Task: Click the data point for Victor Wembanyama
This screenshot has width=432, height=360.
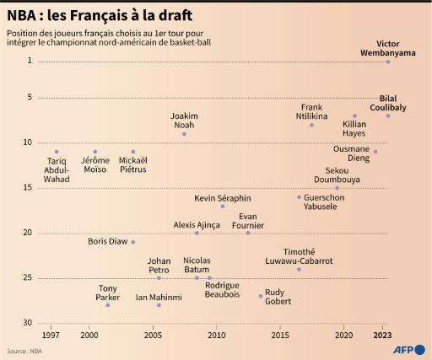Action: click(x=387, y=62)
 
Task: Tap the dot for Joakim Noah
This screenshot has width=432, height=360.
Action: click(x=184, y=134)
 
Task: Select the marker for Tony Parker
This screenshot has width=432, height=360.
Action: click(x=108, y=305)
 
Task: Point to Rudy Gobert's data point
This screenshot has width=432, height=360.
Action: click(x=261, y=296)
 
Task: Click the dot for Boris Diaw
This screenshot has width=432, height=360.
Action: click(x=133, y=242)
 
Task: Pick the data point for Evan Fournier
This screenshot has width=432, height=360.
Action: click(x=248, y=233)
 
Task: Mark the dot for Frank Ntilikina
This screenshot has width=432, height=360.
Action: click(x=311, y=125)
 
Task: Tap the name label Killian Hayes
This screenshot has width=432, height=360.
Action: click(x=354, y=128)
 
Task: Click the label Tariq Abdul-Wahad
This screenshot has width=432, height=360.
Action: click(x=57, y=169)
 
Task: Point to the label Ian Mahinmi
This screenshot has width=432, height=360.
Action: click(x=159, y=297)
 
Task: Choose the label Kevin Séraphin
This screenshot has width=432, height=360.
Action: click(x=223, y=198)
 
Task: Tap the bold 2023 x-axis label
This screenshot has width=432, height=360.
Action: click(x=384, y=336)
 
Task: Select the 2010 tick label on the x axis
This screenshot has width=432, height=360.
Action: click(x=217, y=336)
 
